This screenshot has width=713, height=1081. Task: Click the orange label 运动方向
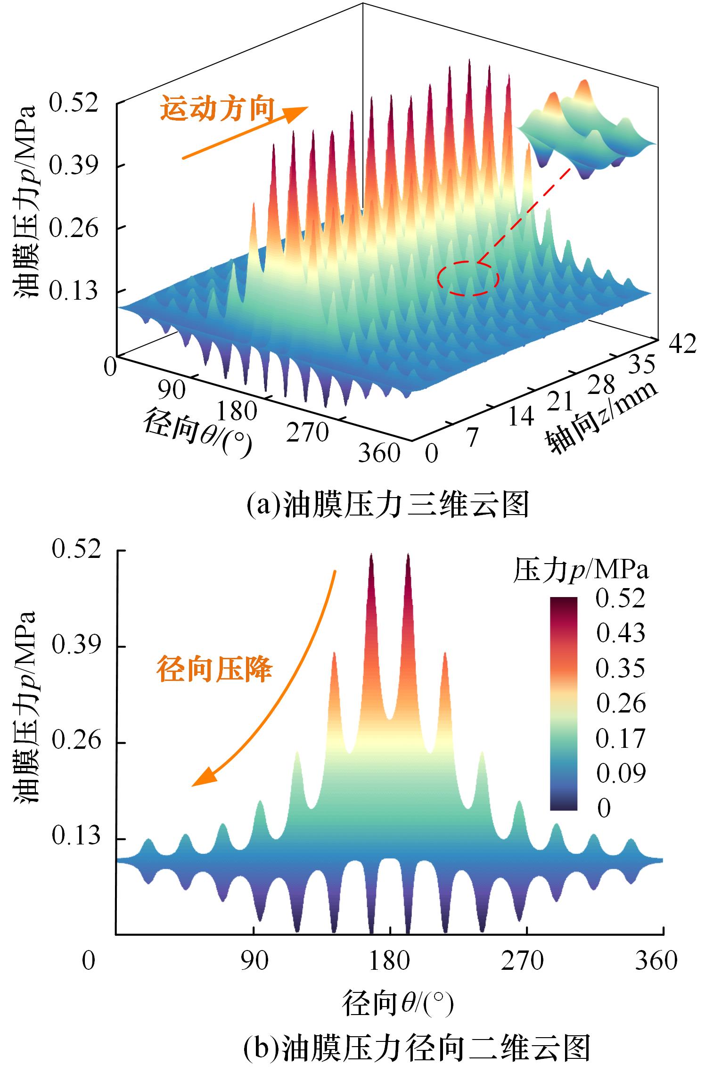click(217, 108)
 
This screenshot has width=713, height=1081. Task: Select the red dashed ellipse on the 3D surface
click(468, 278)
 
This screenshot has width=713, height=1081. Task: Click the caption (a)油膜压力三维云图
click(387, 506)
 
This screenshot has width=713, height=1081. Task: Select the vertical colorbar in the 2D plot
click(563, 703)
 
